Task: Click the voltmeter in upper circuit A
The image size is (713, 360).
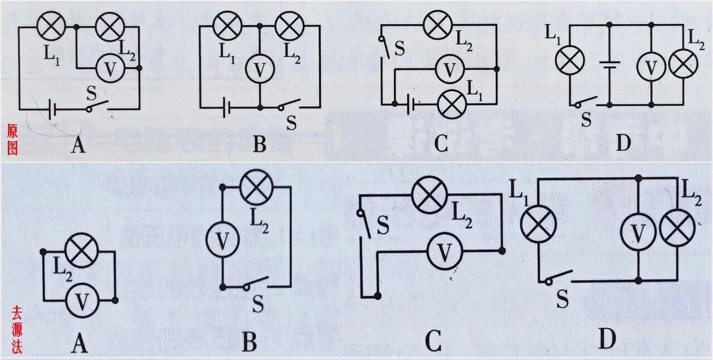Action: [x=110, y=69]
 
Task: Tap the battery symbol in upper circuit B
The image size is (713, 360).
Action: [x=226, y=106]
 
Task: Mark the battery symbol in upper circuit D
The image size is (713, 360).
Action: [x=609, y=64]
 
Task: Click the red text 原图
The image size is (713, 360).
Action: [x=12, y=139]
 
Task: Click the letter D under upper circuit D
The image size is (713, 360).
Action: [x=623, y=143]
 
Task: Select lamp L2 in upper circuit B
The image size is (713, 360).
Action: [x=288, y=26]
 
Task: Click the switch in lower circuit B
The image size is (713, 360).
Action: [x=256, y=283]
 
